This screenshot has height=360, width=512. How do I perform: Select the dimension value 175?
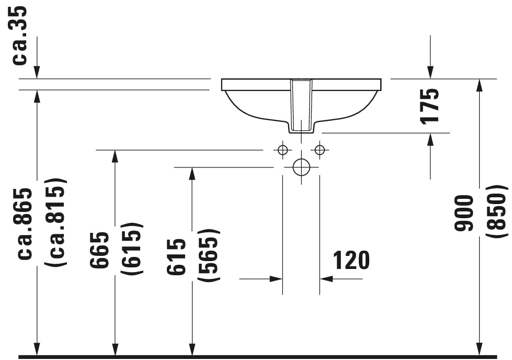(x=430, y=105)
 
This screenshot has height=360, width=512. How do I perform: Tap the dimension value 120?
(x=351, y=260)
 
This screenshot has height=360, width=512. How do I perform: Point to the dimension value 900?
(x=464, y=213)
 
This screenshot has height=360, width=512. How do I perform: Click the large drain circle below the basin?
(x=301, y=167)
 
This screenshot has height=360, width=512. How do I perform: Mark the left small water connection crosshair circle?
(x=283, y=150)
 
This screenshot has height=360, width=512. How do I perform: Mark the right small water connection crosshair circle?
(x=320, y=150)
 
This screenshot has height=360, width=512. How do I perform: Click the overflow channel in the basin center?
(x=301, y=105)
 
